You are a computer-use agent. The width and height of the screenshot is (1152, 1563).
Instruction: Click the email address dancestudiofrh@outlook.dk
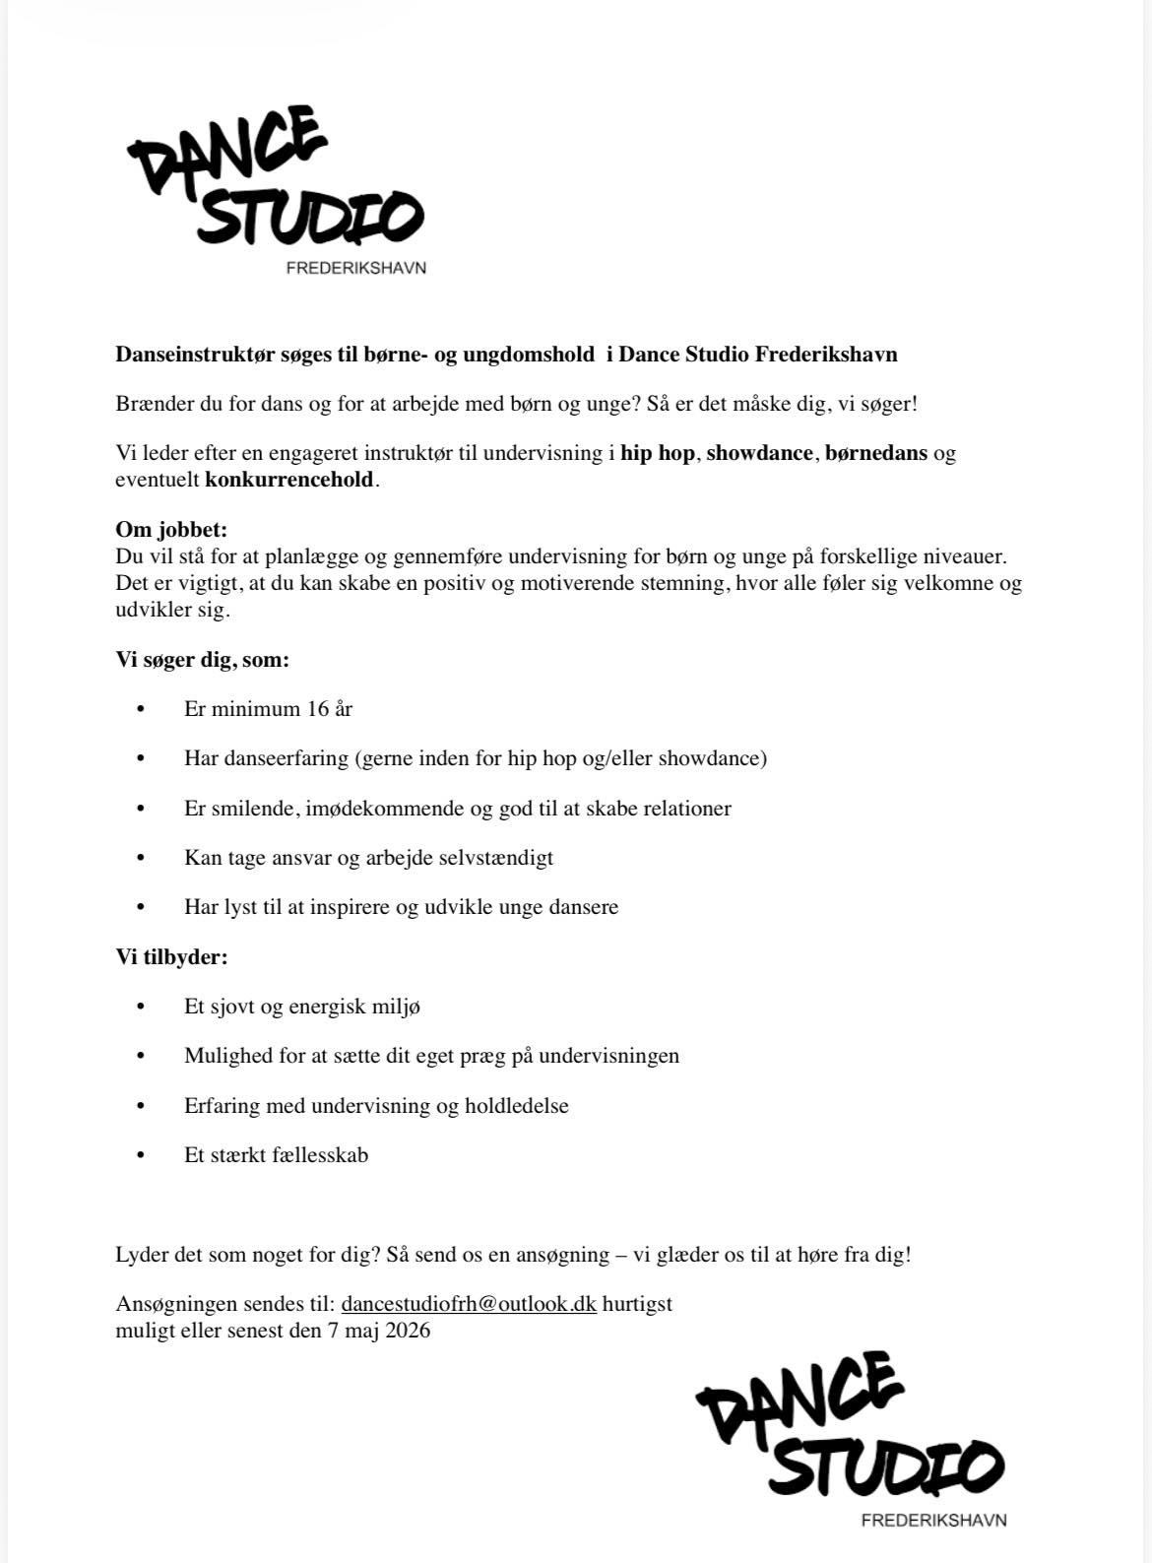click(469, 1304)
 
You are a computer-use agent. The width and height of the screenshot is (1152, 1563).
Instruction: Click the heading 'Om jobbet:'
click(171, 530)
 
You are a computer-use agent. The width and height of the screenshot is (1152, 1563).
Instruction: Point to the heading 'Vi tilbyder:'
click(171, 956)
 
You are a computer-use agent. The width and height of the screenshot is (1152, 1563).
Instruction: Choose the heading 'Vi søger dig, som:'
click(202, 660)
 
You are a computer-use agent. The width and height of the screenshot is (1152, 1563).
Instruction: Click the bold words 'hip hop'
click(658, 453)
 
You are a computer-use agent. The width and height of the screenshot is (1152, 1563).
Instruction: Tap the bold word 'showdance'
click(759, 453)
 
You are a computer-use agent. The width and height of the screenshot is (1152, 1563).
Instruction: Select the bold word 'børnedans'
click(876, 453)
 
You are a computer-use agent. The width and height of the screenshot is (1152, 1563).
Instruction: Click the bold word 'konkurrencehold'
click(289, 480)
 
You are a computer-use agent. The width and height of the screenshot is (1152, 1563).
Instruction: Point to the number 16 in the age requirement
click(317, 709)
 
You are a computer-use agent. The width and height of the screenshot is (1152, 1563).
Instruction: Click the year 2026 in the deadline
click(408, 1331)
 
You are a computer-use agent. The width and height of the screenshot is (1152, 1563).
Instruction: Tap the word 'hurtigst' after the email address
click(637, 1304)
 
